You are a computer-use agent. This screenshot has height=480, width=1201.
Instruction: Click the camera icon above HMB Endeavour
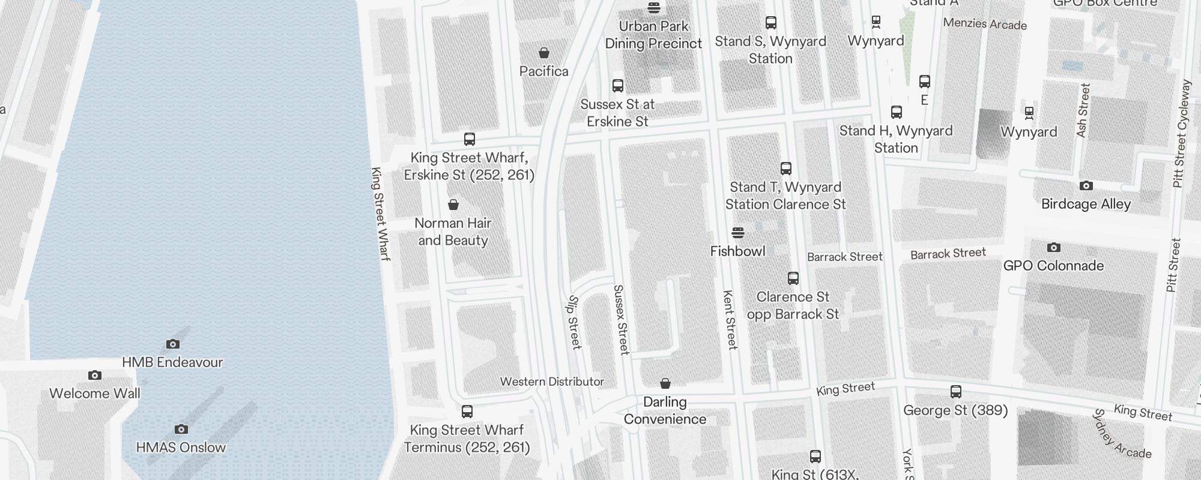click(x=173, y=344)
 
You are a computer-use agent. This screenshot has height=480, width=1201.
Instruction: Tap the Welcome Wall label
click(x=95, y=394)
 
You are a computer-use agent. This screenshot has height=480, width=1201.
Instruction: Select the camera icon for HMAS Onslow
click(x=181, y=429)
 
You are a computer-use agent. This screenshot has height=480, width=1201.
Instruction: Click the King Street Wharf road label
click(x=381, y=214)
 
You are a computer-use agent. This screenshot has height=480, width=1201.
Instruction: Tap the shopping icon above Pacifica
click(x=544, y=53)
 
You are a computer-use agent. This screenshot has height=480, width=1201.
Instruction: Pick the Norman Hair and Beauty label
click(x=453, y=232)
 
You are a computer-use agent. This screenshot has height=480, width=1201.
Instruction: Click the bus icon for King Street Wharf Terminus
click(x=467, y=412)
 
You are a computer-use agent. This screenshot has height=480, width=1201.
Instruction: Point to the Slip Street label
click(x=575, y=322)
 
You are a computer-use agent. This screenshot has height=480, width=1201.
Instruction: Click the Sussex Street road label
click(x=621, y=319)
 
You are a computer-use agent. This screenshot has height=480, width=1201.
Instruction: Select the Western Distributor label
click(x=552, y=382)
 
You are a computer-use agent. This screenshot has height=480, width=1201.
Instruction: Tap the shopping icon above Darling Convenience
click(x=665, y=383)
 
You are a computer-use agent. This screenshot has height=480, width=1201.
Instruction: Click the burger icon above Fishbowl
click(x=738, y=233)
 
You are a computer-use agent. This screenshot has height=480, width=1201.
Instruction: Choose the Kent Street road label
click(x=730, y=320)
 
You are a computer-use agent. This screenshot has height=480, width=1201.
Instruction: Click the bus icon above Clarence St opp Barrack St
click(x=793, y=278)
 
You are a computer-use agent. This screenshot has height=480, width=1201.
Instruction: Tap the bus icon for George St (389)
click(x=956, y=392)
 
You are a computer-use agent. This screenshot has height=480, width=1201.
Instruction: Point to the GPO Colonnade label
click(x=1053, y=265)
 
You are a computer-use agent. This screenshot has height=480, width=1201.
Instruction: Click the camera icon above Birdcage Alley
click(x=1086, y=186)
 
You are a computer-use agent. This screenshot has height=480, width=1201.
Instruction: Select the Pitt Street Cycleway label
click(x=1181, y=133)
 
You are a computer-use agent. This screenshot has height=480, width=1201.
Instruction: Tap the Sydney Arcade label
click(x=1121, y=434)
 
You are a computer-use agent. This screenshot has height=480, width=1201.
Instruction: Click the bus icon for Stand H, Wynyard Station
click(x=897, y=112)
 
